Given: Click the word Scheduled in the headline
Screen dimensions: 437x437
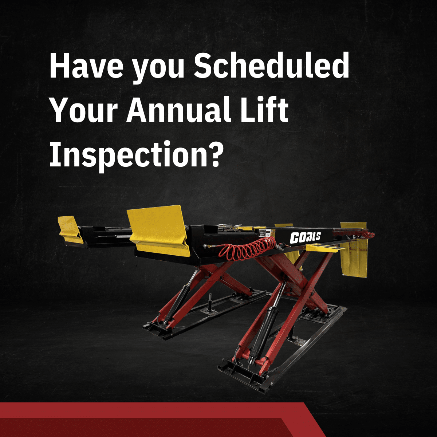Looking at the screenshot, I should point(271,67).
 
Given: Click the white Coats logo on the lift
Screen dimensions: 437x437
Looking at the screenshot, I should point(305,237).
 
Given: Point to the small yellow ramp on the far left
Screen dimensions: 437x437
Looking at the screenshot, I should point(70,229).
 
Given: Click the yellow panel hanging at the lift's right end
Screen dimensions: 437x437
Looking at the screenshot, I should point(354,251).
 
